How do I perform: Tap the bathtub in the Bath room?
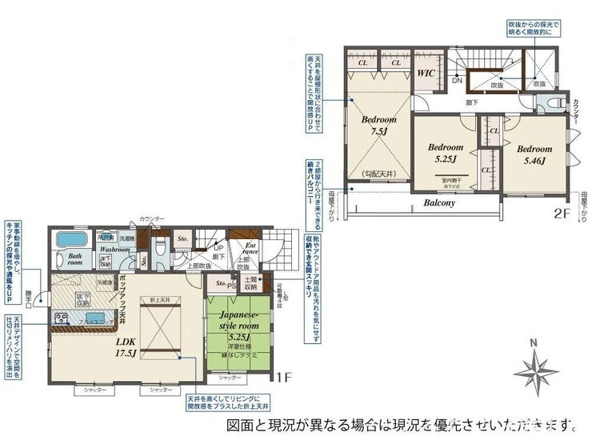click(x=72, y=240)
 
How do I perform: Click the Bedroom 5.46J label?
click(x=534, y=154)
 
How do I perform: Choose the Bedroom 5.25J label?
click(x=445, y=153)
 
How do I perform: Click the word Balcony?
click(x=439, y=202)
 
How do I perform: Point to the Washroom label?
click(x=115, y=250)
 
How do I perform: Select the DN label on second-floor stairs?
click(x=457, y=80)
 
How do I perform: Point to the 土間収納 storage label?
click(x=250, y=282)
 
